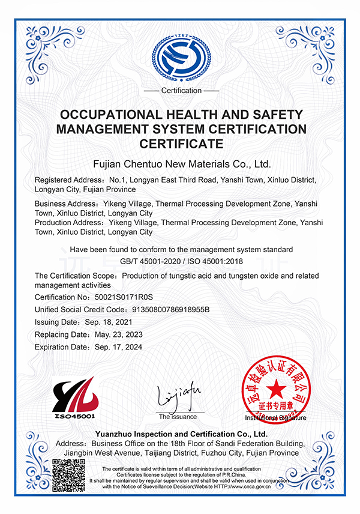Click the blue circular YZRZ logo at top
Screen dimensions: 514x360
(182, 54)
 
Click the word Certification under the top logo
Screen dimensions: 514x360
(181, 91)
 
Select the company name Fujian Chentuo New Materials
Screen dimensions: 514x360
(181, 163)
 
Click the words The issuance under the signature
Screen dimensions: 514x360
(178, 417)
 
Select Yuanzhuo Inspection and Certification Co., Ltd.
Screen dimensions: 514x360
(181, 434)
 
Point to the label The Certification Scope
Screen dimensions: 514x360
(76, 276)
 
